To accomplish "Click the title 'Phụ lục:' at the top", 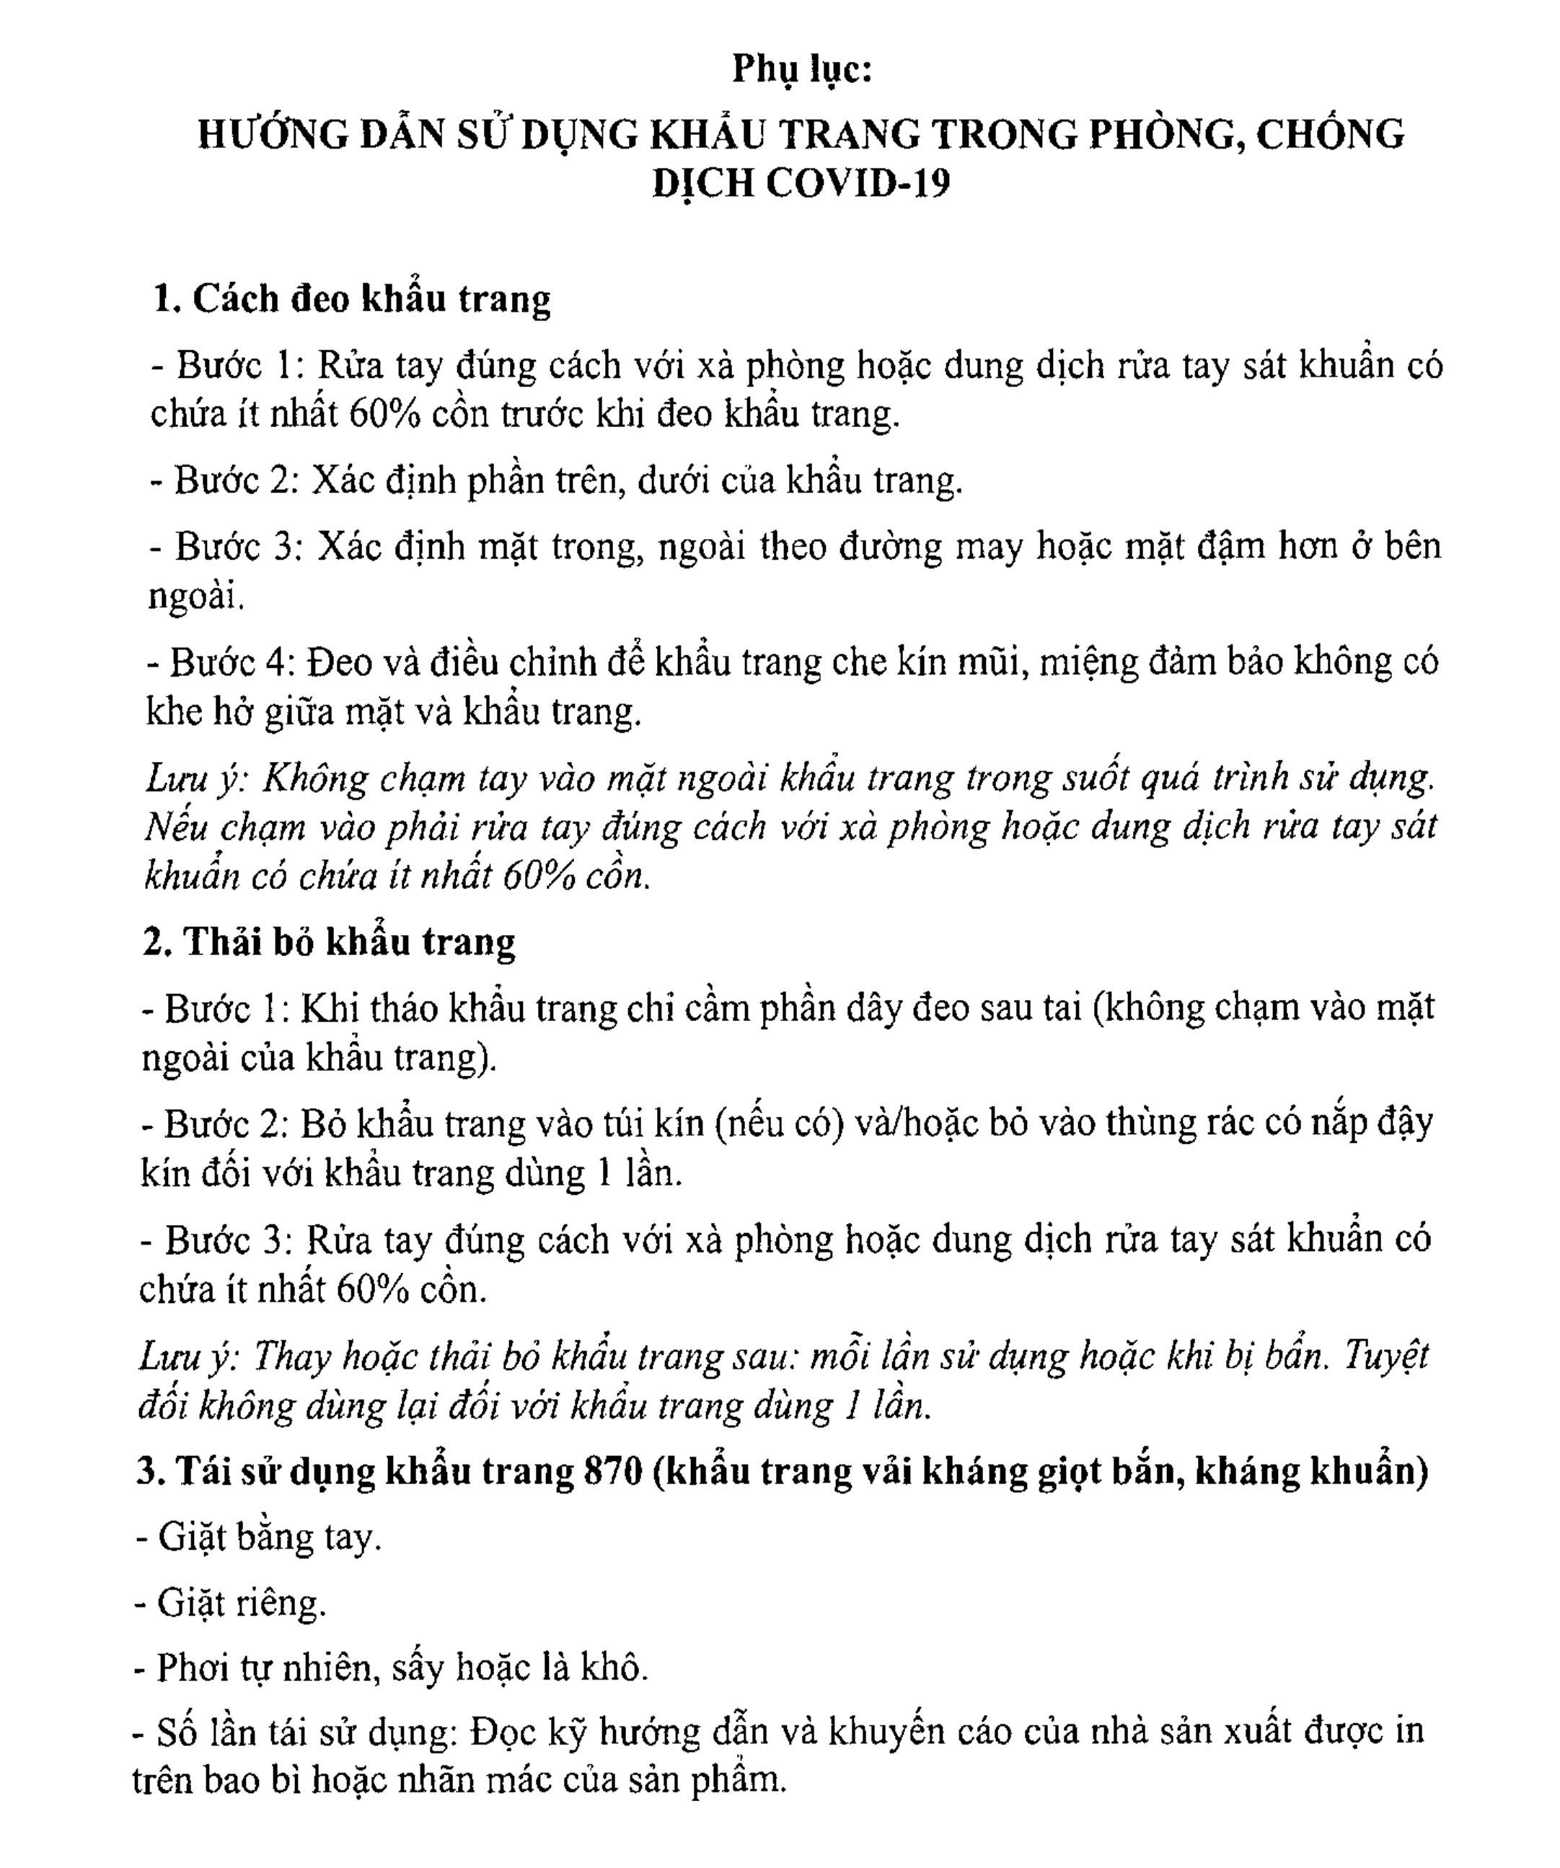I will click(801, 69).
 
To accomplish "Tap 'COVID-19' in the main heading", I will click(858, 184).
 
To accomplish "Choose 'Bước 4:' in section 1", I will click(229, 662).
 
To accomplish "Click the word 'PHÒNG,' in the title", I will click(1164, 134).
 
